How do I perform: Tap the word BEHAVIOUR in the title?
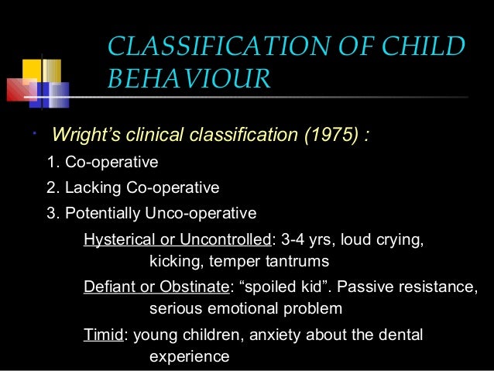[x=188, y=78]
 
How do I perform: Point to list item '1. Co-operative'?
[x=102, y=163]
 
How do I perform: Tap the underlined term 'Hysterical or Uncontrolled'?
[x=174, y=240]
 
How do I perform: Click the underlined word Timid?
[x=102, y=335]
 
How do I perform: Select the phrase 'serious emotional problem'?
[x=245, y=309]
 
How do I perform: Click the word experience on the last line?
[x=189, y=357]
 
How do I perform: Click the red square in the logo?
[x=20, y=91]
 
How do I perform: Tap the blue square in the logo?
[x=51, y=94]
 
